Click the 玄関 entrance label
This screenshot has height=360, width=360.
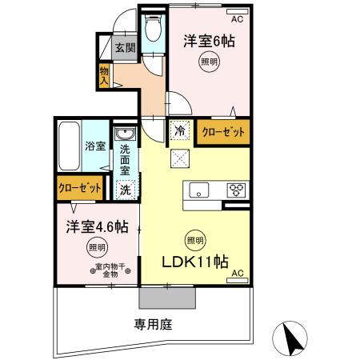124,47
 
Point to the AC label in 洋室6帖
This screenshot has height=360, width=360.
238,19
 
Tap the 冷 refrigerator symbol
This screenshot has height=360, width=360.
178,128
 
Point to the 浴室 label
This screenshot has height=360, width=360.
96,146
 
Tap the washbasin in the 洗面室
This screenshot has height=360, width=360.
124,135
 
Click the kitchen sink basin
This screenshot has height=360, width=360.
198,190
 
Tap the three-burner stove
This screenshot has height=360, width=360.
237,190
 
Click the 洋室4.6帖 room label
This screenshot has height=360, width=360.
97,226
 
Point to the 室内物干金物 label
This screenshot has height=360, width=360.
106,270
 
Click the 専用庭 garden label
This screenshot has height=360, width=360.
153,325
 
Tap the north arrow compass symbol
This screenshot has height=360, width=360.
293,338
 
